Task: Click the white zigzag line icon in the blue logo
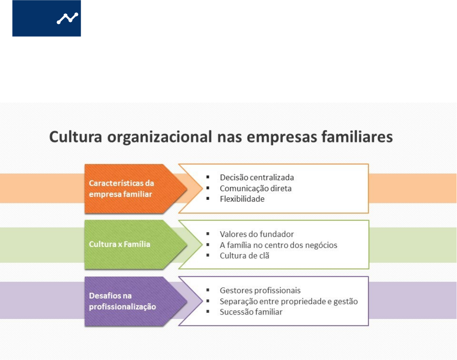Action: [67, 18]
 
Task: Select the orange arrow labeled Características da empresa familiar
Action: [131, 189]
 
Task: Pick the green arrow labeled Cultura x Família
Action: [131, 244]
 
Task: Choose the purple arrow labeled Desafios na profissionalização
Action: [131, 301]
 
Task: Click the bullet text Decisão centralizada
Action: [257, 178]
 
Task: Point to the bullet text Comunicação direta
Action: [255, 189]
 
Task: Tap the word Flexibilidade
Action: [242, 199]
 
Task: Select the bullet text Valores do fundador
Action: [257, 234]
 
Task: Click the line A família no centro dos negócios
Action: [278, 245]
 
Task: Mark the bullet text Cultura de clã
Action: [244, 255]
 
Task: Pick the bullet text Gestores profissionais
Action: [260, 291]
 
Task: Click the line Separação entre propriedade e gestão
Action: [289, 301]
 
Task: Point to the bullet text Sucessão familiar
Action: [251, 312]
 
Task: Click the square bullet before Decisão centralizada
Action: [208, 178]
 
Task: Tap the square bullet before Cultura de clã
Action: [208, 255]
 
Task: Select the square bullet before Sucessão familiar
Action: [208, 312]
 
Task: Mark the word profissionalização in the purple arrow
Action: [122, 307]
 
